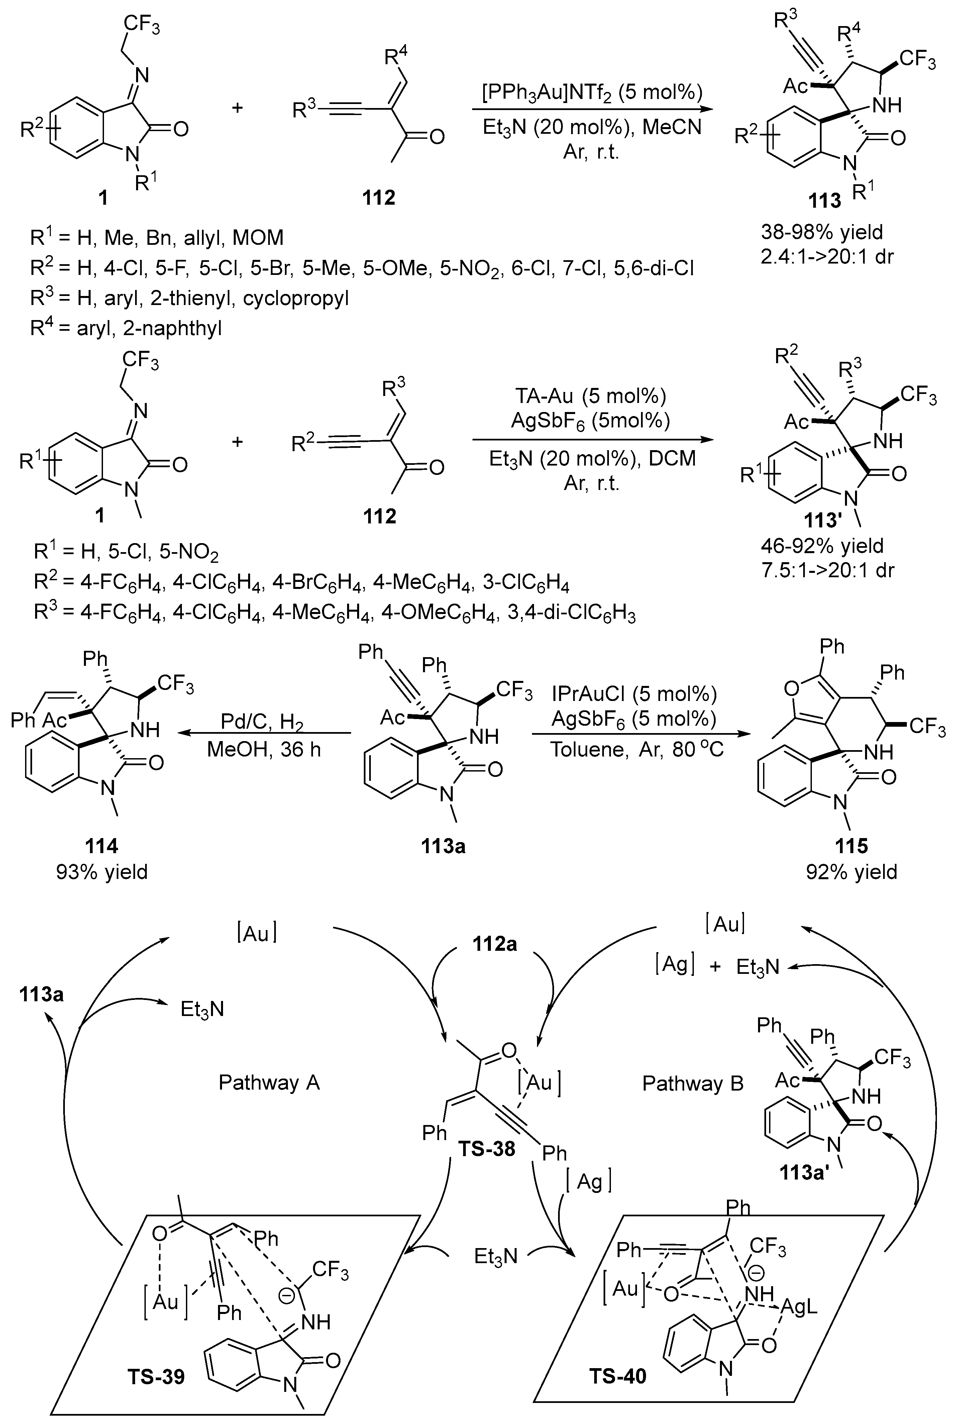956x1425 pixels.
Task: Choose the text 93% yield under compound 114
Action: pos(102,872)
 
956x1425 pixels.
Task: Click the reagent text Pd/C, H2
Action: pos(263,723)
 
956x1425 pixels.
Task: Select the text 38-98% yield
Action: pos(821,232)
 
